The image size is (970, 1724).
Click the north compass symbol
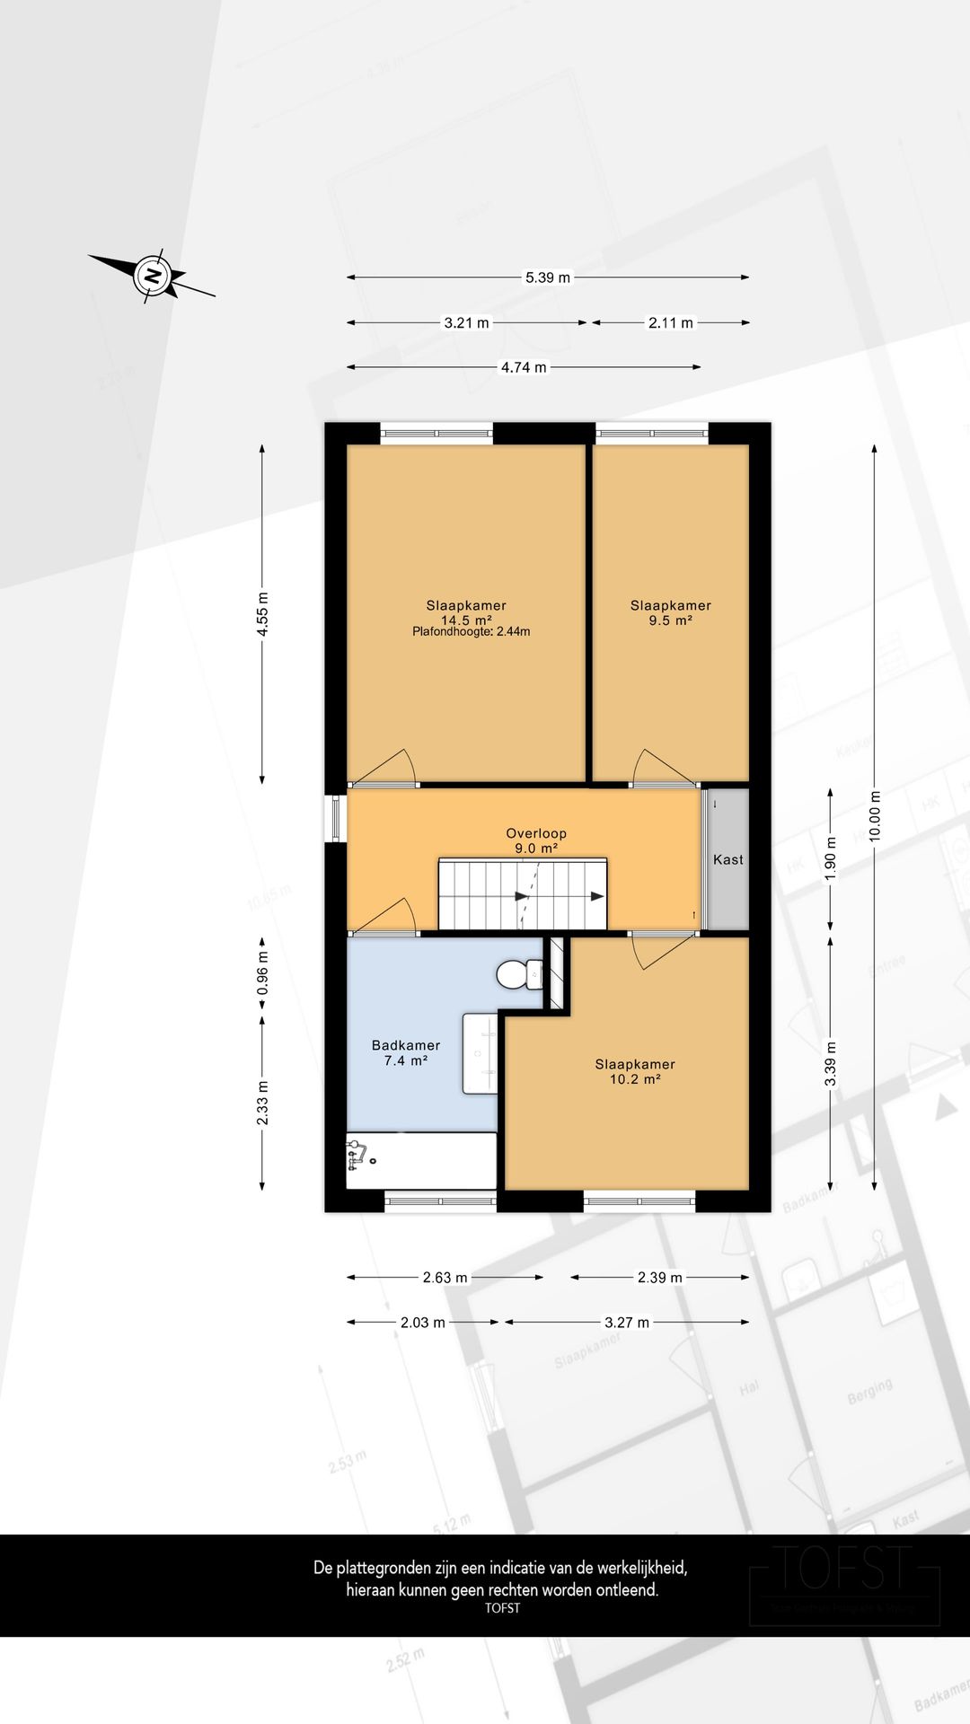[154, 275]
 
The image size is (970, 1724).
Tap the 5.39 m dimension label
[547, 277]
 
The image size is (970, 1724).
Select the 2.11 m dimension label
[670, 322]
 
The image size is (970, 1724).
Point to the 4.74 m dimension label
[523, 367]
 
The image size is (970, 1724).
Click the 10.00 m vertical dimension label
[875, 815]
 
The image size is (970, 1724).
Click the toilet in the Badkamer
[518, 974]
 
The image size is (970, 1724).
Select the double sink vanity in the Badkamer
[480, 1053]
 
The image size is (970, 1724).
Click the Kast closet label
[727, 859]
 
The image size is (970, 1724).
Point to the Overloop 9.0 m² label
[536, 840]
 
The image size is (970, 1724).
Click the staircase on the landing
[522, 895]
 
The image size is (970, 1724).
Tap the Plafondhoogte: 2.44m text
[471, 631]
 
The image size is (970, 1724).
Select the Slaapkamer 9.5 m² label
[670, 612]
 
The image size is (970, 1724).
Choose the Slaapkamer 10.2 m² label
[635, 1071]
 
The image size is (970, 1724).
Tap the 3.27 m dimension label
[626, 1323]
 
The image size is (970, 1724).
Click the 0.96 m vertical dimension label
[262, 974]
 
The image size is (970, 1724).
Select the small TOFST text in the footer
[502, 1608]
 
